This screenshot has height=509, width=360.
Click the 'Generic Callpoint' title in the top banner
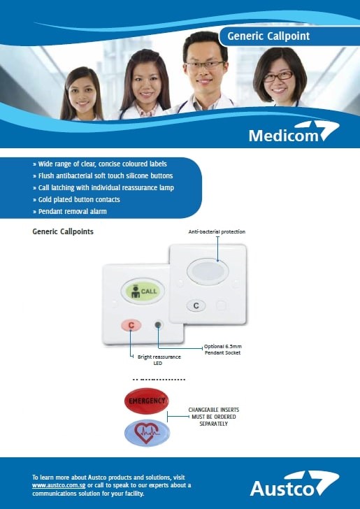(x=268, y=36)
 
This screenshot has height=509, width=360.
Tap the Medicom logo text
(x=284, y=136)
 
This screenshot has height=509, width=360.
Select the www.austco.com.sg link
(x=59, y=486)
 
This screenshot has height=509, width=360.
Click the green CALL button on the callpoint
(x=143, y=291)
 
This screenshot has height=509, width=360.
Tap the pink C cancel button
(x=131, y=325)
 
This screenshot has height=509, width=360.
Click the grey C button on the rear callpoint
(x=196, y=306)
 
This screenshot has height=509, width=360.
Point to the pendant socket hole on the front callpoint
(x=158, y=324)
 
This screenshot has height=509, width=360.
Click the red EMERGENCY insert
(x=146, y=401)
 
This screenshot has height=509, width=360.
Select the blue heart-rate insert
(x=147, y=433)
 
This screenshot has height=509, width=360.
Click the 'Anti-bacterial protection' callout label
(x=217, y=232)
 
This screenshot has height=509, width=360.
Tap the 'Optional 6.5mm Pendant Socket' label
(x=223, y=350)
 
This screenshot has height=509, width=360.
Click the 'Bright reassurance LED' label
(x=159, y=360)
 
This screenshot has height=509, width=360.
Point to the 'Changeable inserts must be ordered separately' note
(x=214, y=417)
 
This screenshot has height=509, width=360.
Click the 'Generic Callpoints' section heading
(x=63, y=231)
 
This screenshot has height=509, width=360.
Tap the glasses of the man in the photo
(x=205, y=65)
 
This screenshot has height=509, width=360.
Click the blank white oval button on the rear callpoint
(x=208, y=271)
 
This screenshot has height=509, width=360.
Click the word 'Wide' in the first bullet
(x=45, y=164)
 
